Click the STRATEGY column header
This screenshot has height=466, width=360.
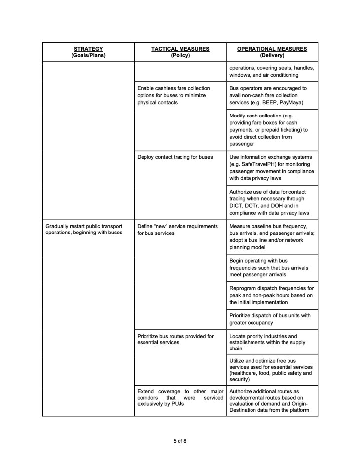pos(88,52)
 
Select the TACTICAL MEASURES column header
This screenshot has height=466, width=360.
pos(180,52)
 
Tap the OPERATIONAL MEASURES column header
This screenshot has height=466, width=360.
pos(272,52)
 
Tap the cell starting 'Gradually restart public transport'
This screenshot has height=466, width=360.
pos(84,229)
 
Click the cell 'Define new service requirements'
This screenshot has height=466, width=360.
pos(177,229)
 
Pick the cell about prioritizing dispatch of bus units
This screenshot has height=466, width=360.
pos(270,319)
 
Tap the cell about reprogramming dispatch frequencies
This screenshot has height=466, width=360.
pos(271,295)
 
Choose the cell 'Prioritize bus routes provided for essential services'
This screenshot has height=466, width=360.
pos(175,339)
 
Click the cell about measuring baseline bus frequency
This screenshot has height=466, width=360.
pos(271,236)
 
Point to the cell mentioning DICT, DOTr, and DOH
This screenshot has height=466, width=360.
pos(271,202)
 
